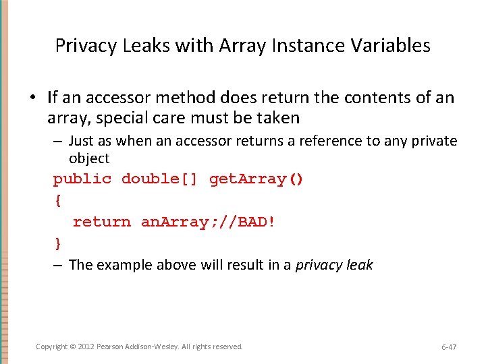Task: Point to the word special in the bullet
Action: [130, 119]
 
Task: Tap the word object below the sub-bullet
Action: [88, 158]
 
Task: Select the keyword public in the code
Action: [82, 179]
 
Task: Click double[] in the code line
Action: [160, 179]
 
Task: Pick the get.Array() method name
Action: [256, 179]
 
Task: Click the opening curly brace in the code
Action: [57, 201]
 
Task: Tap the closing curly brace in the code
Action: [57, 243]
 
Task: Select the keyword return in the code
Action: [101, 222]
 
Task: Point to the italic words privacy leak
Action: [334, 265]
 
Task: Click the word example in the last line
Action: [123, 265]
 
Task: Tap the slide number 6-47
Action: [448, 347]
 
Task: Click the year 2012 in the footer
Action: [86, 346]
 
